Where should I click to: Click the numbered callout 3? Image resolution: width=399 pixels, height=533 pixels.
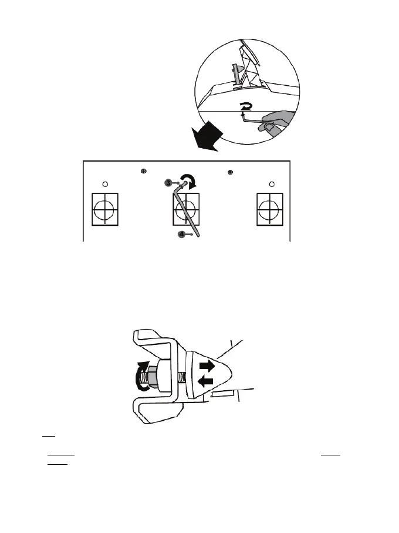(168, 183)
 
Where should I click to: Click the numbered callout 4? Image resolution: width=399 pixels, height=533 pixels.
(182, 234)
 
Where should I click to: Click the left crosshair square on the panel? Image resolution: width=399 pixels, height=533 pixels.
(105, 208)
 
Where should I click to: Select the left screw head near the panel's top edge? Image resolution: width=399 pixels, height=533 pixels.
(144, 171)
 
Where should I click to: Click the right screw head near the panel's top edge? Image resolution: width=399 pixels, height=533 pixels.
(230, 172)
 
